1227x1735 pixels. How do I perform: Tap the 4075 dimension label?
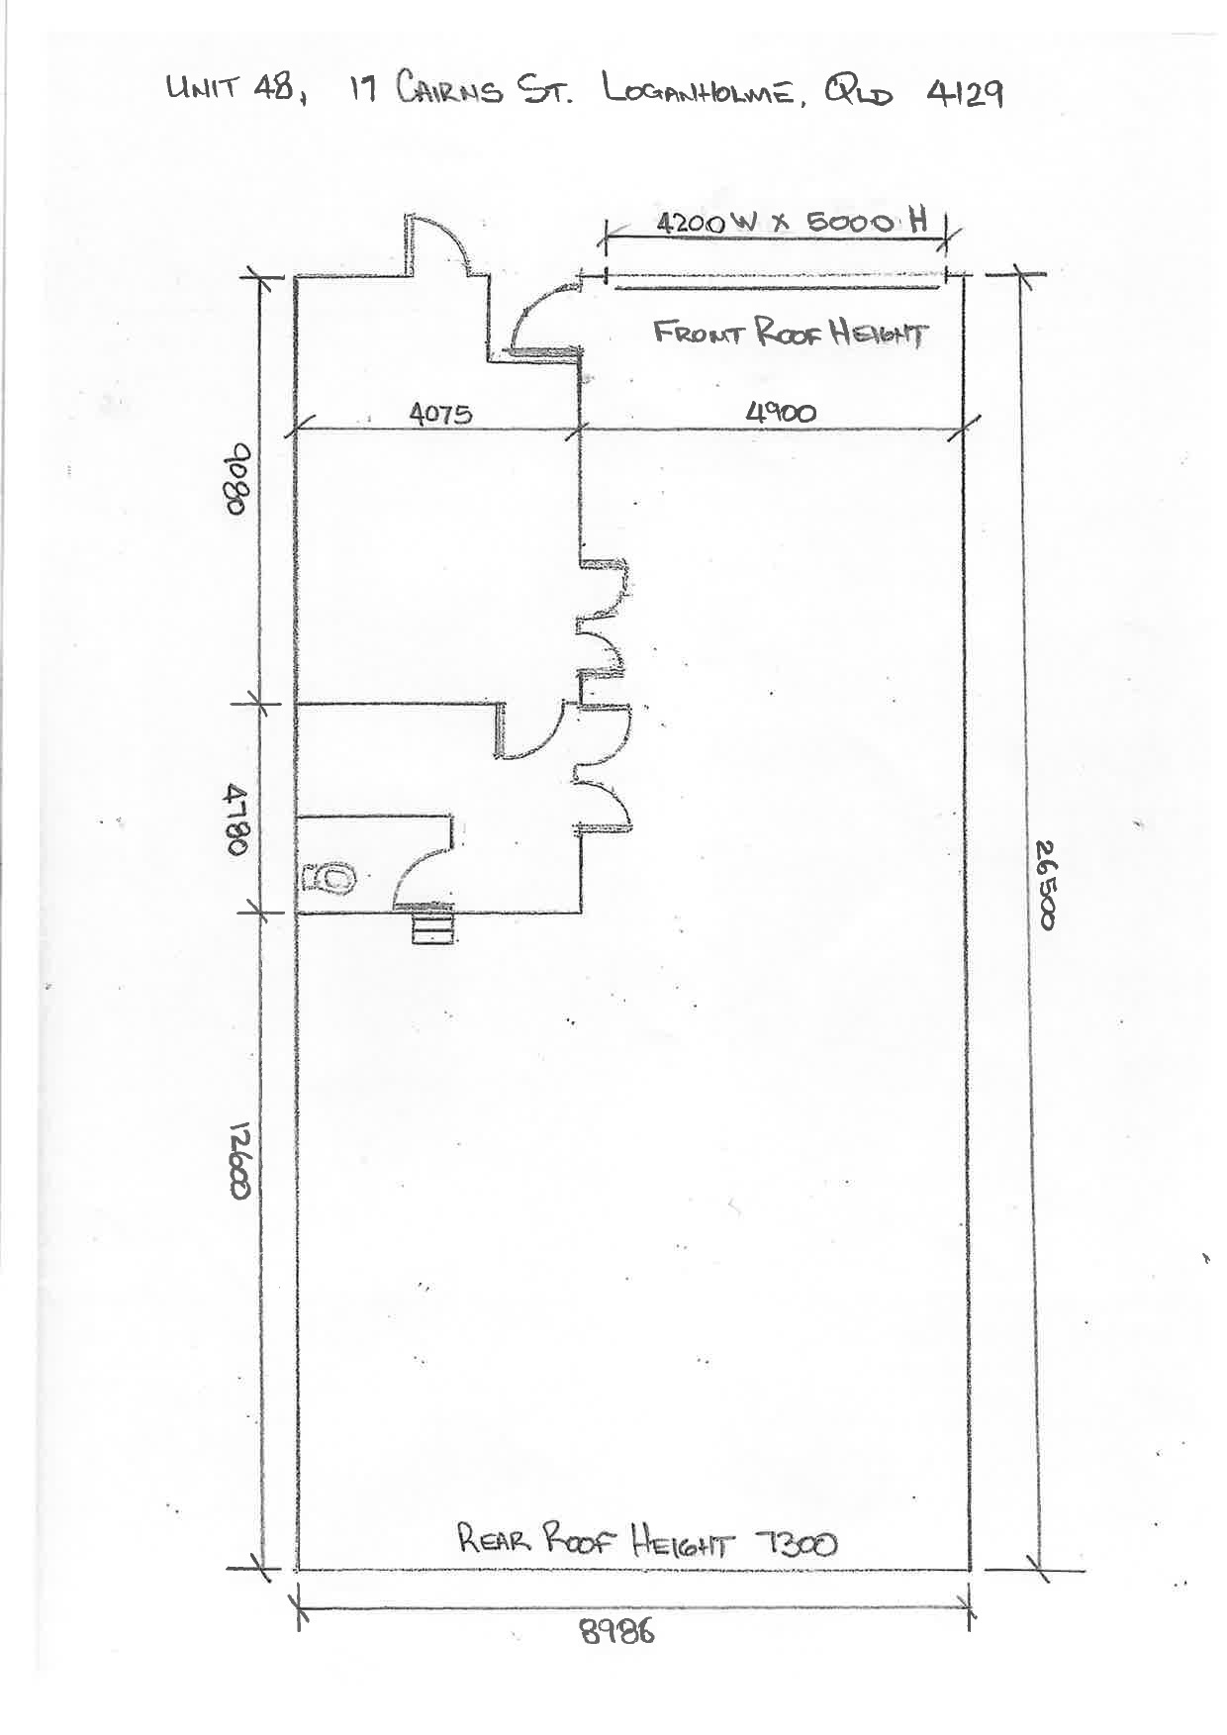click(x=440, y=413)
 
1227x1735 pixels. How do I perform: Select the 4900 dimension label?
click(x=781, y=412)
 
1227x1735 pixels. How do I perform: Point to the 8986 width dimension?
click(x=617, y=1631)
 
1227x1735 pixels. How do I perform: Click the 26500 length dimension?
click(x=1046, y=884)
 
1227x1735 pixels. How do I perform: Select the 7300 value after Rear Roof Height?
click(x=796, y=1542)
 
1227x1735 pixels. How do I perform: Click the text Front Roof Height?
click(x=791, y=334)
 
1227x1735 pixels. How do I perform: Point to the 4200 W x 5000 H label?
click(x=792, y=222)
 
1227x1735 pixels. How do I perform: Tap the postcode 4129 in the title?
click(x=965, y=93)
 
